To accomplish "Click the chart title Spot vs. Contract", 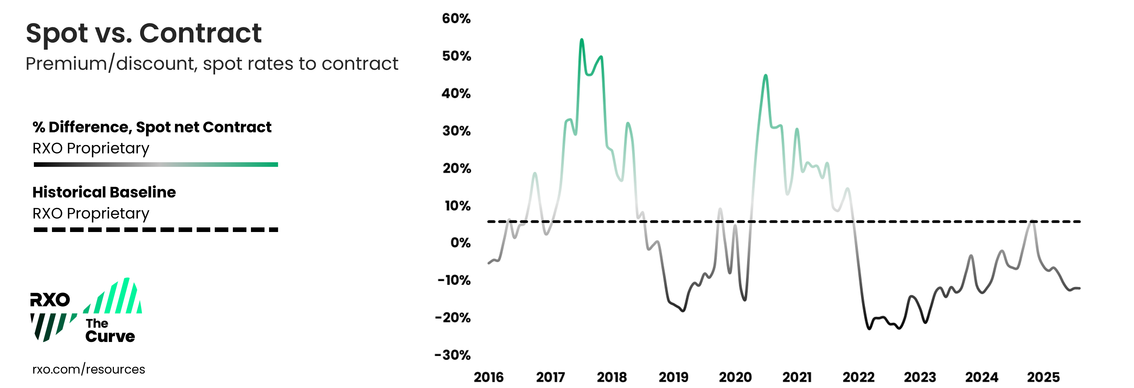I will coord(143,34).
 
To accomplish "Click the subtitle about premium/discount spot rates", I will coord(212,64).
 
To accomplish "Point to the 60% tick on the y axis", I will coord(456,18).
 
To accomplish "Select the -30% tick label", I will coord(453,355).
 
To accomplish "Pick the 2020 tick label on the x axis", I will coord(735,377).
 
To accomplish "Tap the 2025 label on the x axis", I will coord(1043,377).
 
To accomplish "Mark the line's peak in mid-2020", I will coord(766,75).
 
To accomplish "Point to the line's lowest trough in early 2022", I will coord(869,328).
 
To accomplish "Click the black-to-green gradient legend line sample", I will coord(156,165).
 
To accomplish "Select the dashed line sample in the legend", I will coord(156,229).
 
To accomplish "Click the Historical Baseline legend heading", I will coord(104,193).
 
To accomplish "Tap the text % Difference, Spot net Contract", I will coord(152,127).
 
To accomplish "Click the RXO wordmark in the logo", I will coord(50,300).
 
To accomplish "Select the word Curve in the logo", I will coord(110,336).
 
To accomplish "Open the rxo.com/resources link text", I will coord(88,369).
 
